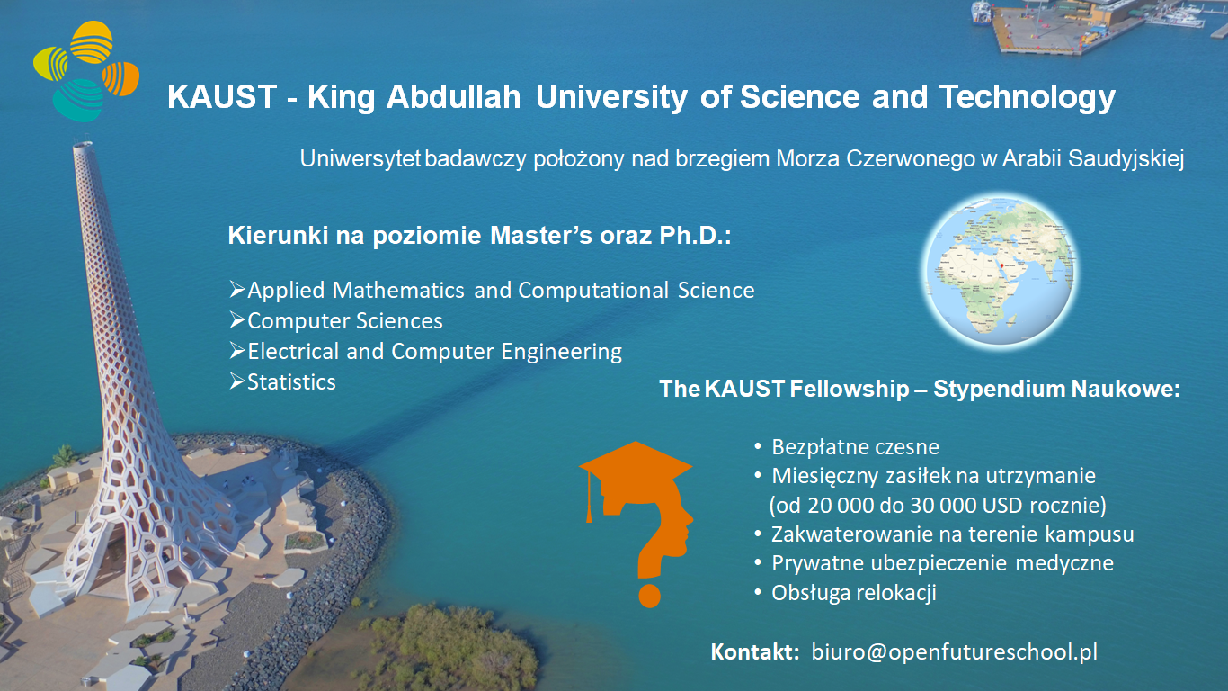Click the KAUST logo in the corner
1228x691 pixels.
point(87,71)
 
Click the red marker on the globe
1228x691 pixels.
point(1002,265)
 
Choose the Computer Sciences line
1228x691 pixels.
point(344,320)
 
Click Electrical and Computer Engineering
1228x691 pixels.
point(434,351)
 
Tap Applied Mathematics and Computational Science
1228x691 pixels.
point(500,290)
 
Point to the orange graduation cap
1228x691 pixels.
point(635,468)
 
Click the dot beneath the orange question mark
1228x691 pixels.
point(649,596)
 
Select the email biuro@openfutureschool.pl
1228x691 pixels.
point(954,651)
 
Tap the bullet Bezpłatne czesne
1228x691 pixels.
point(855,446)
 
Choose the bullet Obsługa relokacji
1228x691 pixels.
point(853,593)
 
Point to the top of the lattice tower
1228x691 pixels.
point(83,144)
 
